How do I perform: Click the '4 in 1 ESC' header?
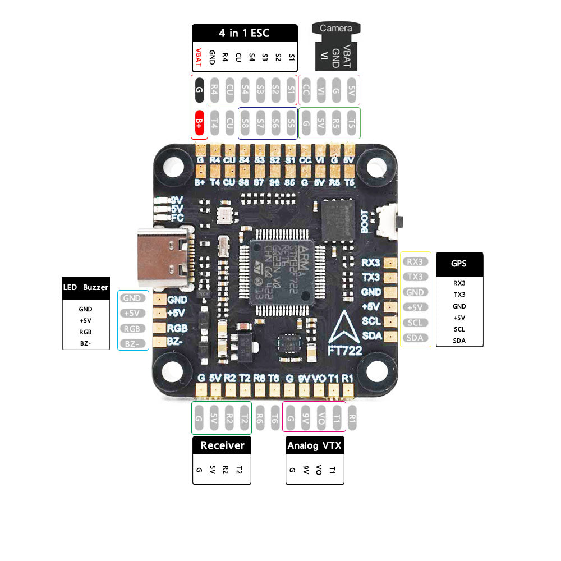click(244, 33)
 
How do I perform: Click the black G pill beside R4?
click(199, 90)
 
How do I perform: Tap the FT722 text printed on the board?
click(345, 351)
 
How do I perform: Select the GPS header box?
click(459, 263)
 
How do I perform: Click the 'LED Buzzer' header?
click(86, 287)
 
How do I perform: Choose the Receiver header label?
click(222, 445)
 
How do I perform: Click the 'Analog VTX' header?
click(314, 446)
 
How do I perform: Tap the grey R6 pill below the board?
click(260, 418)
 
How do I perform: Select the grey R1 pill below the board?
click(352, 418)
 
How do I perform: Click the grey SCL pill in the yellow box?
click(415, 323)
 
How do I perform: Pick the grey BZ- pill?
click(132, 343)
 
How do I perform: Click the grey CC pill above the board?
click(306, 90)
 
